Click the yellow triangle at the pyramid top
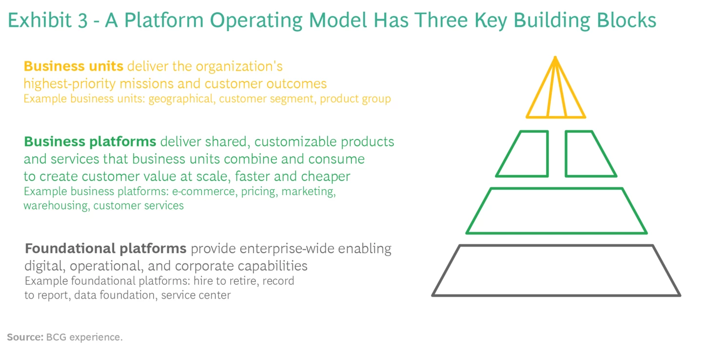click(556, 95)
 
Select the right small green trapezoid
click(587, 154)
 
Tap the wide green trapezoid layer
click(556, 211)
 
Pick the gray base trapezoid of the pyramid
click(556, 270)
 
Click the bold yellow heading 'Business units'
click(74, 66)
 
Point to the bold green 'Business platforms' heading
click(90, 142)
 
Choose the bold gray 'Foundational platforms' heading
click(106, 249)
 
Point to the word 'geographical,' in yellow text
click(182, 99)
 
